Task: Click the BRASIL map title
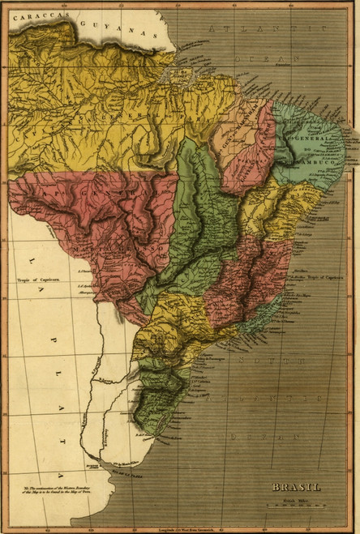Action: point(296,487)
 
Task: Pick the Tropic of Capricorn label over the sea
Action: point(321,276)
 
